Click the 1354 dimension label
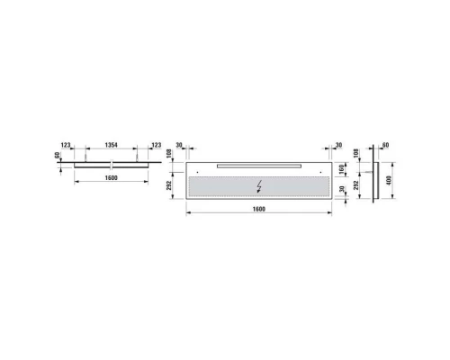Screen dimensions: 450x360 click(x=111, y=145)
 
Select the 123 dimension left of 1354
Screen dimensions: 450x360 click(x=66, y=145)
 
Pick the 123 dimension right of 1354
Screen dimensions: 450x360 click(x=157, y=145)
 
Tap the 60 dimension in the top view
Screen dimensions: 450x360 click(x=57, y=156)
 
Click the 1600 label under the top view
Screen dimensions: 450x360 click(x=111, y=178)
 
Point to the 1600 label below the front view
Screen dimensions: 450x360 click(x=259, y=209)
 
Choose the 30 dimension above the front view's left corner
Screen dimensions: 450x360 click(x=179, y=145)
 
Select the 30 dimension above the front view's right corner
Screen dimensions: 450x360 click(x=338, y=145)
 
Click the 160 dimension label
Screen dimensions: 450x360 click(x=342, y=169)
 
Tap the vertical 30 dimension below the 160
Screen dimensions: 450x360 click(x=342, y=189)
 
